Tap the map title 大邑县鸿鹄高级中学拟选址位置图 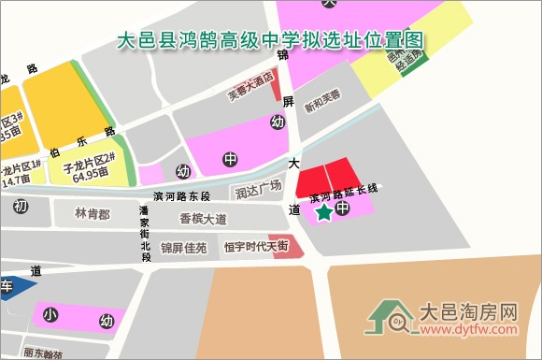coord(271,41)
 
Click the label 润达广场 coord(258,191)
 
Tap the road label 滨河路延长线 coord(343,193)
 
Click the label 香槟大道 coord(203,220)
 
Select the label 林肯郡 coord(93,214)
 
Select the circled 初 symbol coord(21,206)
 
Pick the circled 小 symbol coord(50,315)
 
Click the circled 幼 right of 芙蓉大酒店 coord(277,122)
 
